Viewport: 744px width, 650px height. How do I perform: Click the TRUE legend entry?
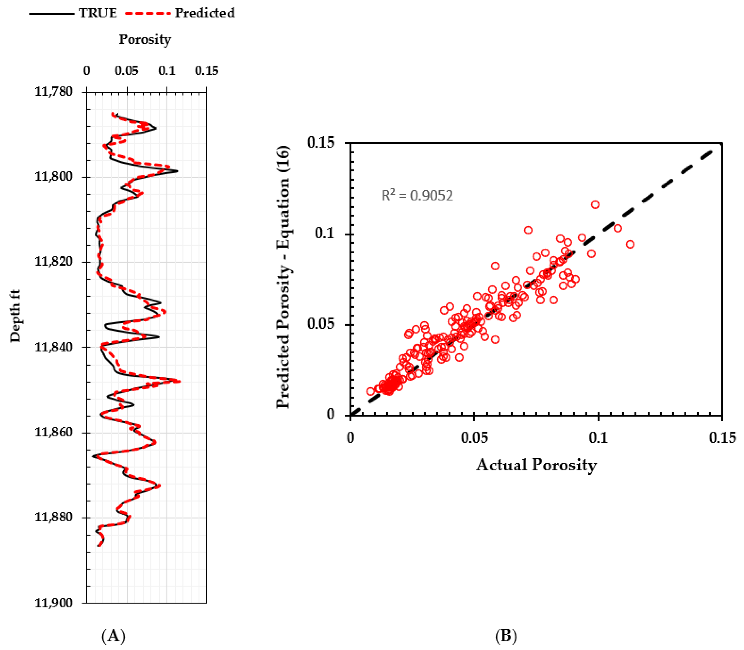point(98,13)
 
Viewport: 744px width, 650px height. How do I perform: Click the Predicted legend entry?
point(205,13)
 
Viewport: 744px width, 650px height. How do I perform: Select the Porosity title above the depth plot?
point(145,39)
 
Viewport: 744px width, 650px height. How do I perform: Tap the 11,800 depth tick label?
point(54,177)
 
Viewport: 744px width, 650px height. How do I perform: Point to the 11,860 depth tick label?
point(54,432)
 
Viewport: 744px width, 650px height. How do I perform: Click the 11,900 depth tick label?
point(54,603)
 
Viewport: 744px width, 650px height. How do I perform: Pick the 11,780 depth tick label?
point(54,91)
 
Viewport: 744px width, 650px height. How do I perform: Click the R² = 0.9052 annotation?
point(417,196)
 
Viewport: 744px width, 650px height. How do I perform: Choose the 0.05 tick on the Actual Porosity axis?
point(474,437)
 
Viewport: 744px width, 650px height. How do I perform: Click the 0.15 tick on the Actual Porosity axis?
point(721,437)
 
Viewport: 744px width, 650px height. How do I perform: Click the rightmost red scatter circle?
point(630,244)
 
